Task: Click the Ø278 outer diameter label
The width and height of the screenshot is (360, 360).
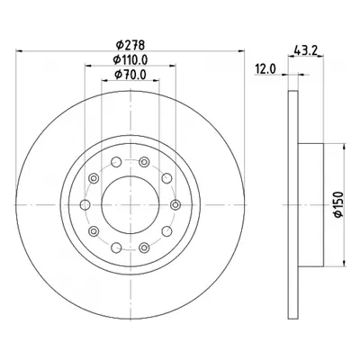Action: [130, 45]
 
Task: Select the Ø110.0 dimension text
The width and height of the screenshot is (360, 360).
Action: [130, 60]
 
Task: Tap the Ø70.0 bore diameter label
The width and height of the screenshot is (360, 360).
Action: [130, 75]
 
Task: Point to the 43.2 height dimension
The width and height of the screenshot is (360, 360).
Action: [306, 49]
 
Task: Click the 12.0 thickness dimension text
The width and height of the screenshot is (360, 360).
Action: [265, 69]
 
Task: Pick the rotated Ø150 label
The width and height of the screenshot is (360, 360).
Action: [338, 204]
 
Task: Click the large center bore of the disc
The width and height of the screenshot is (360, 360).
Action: [130, 204]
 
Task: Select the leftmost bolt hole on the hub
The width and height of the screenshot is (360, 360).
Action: [85, 205]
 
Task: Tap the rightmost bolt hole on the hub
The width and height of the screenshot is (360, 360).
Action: [175, 205]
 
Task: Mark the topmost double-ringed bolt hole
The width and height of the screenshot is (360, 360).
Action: [144, 162]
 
